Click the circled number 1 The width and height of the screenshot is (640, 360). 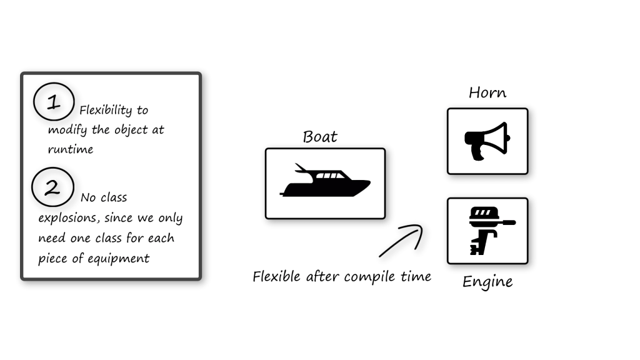pyautogui.click(x=54, y=102)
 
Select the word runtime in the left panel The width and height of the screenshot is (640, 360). pyautogui.click(x=70, y=149)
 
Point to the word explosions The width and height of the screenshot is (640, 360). pyautogui.click(x=71, y=218)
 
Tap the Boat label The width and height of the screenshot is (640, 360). pyautogui.click(x=320, y=137)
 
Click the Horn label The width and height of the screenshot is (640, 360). pyautogui.click(x=487, y=93)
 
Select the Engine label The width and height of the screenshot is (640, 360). pyautogui.click(x=487, y=282)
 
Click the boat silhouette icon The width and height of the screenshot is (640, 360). pyautogui.click(x=325, y=181)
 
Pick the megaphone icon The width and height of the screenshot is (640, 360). pyautogui.click(x=487, y=141)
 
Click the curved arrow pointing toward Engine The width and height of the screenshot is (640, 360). pyautogui.click(x=402, y=240)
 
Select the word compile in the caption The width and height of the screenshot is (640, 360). pyautogui.click(x=374, y=276)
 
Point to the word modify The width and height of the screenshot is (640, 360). pyautogui.click(x=67, y=131)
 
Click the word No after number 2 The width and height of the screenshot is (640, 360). pyautogui.click(x=88, y=197)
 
